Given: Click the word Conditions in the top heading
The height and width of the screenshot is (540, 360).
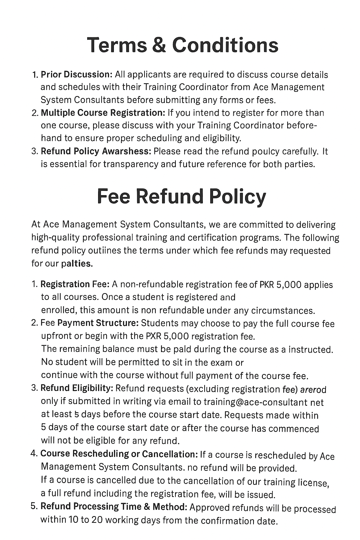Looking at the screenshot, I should click(225, 45).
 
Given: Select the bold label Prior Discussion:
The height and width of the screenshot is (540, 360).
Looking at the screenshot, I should click(76, 75).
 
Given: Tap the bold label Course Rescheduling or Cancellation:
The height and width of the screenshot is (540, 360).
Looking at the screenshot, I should click(119, 454).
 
